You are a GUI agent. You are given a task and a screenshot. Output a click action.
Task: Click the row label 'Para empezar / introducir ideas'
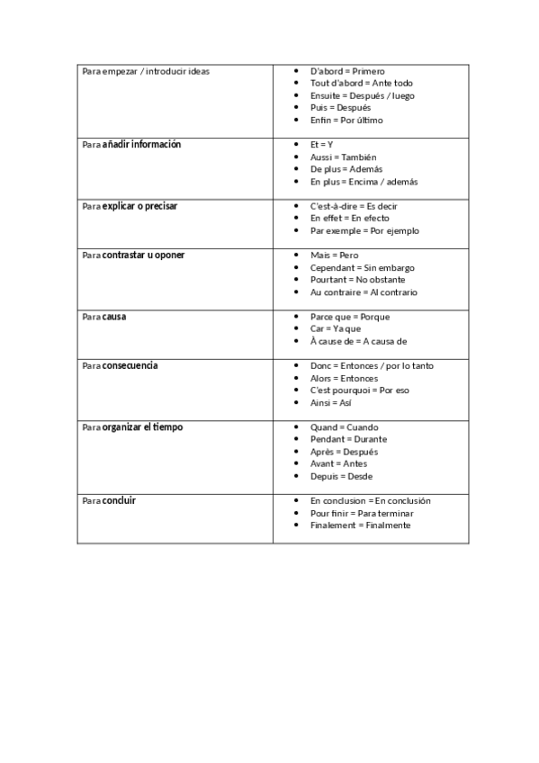pos(145,71)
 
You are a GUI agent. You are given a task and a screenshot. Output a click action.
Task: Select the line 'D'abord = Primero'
pos(347,71)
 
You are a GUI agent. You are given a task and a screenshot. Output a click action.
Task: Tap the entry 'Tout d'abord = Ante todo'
pos(361,83)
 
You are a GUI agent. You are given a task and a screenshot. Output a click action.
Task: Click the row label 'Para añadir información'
pos(131,145)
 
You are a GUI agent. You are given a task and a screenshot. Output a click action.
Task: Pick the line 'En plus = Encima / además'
pos(364,181)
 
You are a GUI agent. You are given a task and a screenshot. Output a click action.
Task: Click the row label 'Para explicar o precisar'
pos(130,206)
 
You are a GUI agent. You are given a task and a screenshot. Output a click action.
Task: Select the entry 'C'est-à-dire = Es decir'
pos(354,206)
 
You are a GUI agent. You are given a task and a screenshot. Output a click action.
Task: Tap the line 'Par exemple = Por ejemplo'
pos(364,230)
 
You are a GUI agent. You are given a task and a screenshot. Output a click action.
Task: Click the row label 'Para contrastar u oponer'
pos(133,256)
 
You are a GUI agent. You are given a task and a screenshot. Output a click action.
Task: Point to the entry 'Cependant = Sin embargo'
pos(362,267)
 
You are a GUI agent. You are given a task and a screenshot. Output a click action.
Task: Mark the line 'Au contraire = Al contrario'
pos(364,292)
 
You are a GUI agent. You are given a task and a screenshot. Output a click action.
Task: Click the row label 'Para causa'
pos(103,317)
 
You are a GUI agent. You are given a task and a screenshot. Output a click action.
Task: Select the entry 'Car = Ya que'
pos(336,328)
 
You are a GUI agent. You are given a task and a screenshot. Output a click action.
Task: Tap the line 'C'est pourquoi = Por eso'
pos(359,390)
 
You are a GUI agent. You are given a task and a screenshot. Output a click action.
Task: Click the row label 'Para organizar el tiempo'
pos(132,427)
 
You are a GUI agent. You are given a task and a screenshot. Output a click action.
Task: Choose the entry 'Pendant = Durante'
pos(348,439)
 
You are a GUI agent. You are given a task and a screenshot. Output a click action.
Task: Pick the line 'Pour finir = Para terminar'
pos(360,513)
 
